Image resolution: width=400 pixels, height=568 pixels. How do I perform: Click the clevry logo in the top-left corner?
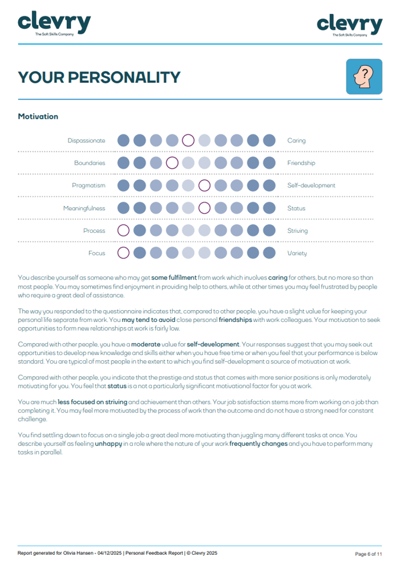54,24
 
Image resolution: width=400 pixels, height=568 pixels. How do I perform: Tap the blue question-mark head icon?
364,76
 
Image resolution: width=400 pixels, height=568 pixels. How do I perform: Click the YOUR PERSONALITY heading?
99,77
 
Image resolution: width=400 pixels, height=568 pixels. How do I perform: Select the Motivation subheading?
38,116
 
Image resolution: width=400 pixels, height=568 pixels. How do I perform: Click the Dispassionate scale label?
87,140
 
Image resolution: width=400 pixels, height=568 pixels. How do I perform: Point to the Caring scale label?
297,140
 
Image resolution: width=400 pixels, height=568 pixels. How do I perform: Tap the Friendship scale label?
301,163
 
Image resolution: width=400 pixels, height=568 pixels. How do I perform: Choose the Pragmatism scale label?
89,186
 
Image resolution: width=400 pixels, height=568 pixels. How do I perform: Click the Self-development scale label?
312,186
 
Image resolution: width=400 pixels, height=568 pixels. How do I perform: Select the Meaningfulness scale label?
84,208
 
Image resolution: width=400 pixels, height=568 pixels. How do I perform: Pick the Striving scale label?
298,231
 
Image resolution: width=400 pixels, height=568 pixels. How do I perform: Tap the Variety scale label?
297,253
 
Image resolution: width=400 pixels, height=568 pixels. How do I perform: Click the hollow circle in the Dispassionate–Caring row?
188,140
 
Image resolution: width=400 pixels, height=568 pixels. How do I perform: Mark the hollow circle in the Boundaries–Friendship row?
172,163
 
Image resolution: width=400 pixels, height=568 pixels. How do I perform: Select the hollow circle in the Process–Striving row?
123,231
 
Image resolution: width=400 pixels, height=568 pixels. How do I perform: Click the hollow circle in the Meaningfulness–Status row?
204,208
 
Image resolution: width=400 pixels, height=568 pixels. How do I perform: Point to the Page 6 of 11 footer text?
369,553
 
